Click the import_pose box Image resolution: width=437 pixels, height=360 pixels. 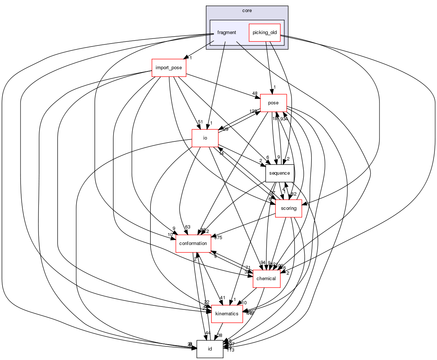click(169, 68)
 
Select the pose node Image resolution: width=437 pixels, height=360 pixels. click(273, 103)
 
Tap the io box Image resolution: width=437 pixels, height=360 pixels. click(205, 138)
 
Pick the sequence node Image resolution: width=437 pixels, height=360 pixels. click(279, 173)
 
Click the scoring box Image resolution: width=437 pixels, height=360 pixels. click(288, 208)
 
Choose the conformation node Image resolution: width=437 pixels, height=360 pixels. click(193, 244)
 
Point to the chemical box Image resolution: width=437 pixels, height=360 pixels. click(266, 279)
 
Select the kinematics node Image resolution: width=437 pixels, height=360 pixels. click(227, 314)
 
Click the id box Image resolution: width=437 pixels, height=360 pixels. click(210, 349)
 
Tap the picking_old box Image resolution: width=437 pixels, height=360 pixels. click(264, 33)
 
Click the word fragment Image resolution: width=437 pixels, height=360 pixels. click(227, 33)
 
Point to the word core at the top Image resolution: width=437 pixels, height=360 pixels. click(247, 11)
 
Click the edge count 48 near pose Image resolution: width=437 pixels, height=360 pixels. click(255, 93)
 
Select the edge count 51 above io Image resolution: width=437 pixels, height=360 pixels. click(200, 122)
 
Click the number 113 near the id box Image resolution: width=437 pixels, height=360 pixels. click(230, 350)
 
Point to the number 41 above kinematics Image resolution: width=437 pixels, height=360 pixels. click(222, 297)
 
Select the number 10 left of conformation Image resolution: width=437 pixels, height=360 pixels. click(170, 235)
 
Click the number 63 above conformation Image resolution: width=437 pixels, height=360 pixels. click(188, 227)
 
